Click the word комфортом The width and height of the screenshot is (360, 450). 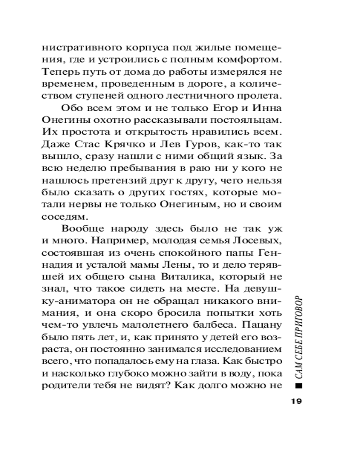[x=250, y=59]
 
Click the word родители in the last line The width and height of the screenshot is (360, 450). [x=65, y=386]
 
